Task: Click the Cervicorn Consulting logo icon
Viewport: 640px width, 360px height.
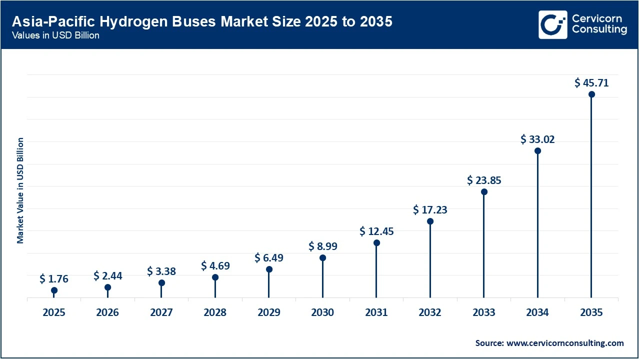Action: click(552, 24)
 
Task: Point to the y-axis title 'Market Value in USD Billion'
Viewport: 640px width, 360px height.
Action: click(20, 190)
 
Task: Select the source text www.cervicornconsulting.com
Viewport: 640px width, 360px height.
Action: click(549, 343)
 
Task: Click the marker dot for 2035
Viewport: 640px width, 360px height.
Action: click(591, 94)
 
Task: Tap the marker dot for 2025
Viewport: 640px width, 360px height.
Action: click(54, 290)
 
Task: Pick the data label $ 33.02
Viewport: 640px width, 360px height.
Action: click(537, 139)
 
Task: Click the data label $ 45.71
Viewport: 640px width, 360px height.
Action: click(591, 83)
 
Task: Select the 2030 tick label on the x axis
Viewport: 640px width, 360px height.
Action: click(322, 313)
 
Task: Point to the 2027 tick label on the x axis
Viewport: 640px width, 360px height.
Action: click(161, 313)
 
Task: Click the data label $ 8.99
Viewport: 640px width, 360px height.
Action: click(322, 246)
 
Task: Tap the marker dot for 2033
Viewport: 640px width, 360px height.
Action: click(484, 191)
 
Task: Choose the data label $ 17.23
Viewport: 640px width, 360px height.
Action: click(430, 210)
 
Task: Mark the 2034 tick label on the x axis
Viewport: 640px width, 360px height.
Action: click(537, 313)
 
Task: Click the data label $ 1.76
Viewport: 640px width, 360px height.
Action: click(54, 278)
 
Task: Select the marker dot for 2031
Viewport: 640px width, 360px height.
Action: click(376, 243)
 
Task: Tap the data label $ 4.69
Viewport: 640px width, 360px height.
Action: click(215, 266)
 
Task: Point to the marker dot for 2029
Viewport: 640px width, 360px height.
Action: click(269, 269)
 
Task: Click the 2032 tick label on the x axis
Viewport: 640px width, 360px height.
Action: click(430, 313)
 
